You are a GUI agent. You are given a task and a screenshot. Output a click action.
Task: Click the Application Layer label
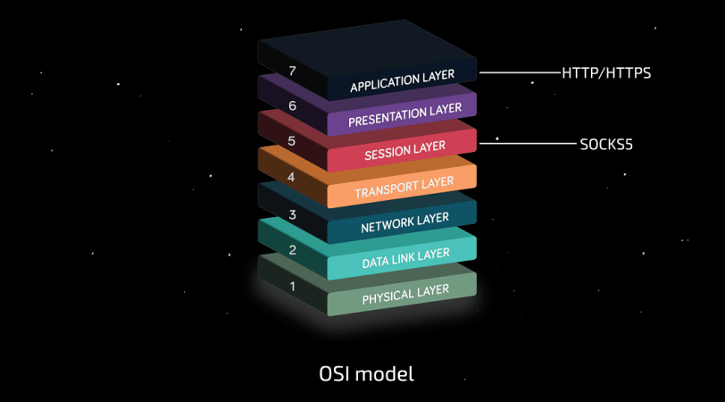[402, 80]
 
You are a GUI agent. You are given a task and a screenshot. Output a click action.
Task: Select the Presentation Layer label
[405, 115]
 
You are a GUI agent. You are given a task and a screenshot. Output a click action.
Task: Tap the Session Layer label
[404, 149]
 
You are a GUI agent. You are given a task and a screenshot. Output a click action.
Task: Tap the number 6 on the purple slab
[291, 105]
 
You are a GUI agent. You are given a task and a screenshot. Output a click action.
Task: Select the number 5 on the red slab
[291, 140]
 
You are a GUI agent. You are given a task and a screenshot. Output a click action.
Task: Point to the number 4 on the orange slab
[291, 177]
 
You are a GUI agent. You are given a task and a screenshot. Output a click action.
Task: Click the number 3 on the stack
[291, 214]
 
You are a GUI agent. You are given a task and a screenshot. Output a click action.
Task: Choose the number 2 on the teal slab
[291, 251]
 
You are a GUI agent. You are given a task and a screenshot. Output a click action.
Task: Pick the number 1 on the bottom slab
[291, 287]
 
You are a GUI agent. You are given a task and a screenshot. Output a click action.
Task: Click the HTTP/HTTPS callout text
[606, 72]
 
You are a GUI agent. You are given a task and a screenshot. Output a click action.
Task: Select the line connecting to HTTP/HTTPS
[518, 72]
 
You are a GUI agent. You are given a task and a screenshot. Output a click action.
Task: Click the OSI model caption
[366, 373]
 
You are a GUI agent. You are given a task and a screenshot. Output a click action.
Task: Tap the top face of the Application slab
[366, 49]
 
